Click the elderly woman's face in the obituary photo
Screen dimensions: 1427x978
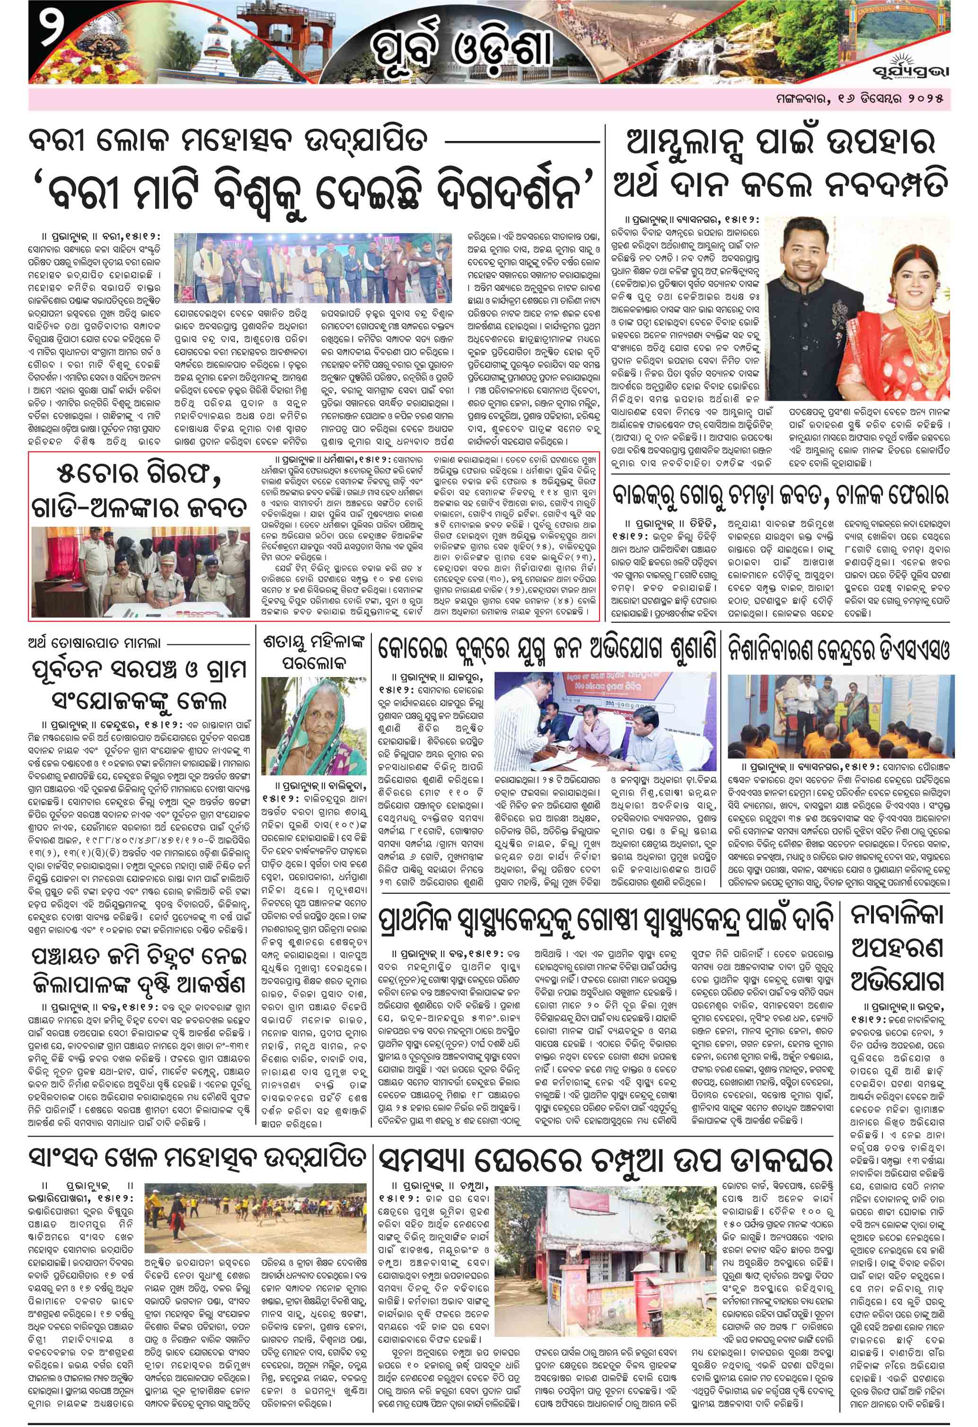coord(305,721)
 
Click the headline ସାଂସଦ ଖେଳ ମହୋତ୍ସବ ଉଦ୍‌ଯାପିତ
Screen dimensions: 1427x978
coord(198,1157)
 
